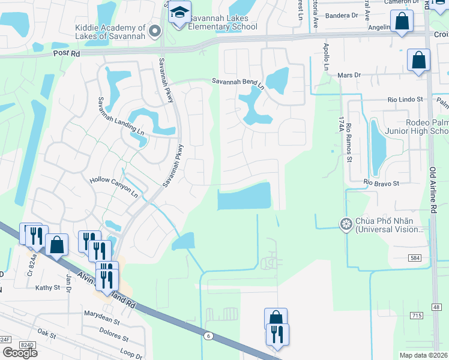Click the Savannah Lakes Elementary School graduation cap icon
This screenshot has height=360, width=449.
(x=179, y=12)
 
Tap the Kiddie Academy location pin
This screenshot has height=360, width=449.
(x=155, y=30)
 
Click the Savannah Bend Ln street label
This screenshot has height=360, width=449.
(x=238, y=83)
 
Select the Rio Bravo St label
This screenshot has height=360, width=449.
(x=381, y=182)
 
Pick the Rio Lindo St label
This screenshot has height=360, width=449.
(x=405, y=99)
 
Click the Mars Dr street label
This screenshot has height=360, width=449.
(x=348, y=75)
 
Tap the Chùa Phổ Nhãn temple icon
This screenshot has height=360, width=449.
(x=345, y=225)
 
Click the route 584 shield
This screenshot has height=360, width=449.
(x=415, y=257)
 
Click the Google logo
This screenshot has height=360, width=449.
(x=19, y=352)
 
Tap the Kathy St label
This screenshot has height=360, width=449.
(x=47, y=288)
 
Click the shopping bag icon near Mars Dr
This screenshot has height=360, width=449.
(x=418, y=61)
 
